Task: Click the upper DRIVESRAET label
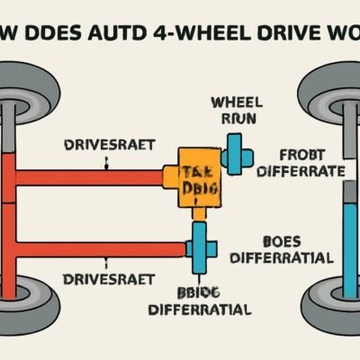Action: [x=108, y=144]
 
